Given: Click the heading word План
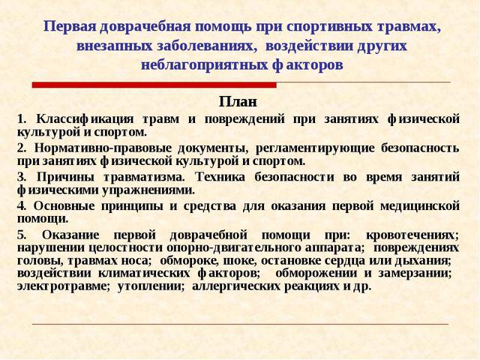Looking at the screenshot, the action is coord(238,102).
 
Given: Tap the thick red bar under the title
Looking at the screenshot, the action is coord(154,85).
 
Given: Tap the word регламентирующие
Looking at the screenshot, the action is coord(315,148).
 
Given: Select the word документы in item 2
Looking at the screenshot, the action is coord(213,148).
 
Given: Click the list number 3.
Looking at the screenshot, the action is coord(22,177).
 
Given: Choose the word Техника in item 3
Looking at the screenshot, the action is coord(220,177).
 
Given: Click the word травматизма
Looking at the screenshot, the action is coord(144,178).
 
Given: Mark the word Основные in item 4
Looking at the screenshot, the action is coord(64,206).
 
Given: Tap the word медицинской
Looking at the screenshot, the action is coord(420,206).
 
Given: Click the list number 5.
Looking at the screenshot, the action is coord(22,235).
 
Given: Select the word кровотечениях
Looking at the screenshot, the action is coord(412,235).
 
